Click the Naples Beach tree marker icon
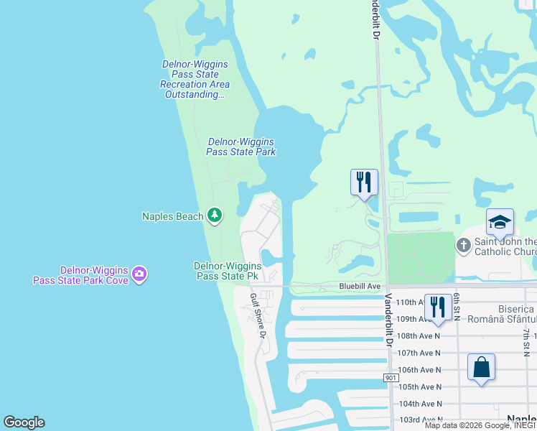[x=214, y=215]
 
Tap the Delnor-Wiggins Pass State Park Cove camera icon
[x=139, y=273]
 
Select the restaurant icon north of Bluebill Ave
[x=364, y=181]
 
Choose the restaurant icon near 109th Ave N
[x=437, y=307]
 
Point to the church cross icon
[x=464, y=246]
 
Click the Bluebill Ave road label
[x=360, y=286]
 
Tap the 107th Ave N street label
[x=420, y=353]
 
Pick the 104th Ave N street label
[x=420, y=404]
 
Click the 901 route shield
[x=391, y=378]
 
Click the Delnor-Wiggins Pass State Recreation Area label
[x=195, y=79]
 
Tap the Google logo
[x=24, y=422]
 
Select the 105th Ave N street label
[x=420, y=386]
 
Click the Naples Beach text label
[x=172, y=216]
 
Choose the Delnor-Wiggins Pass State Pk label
[x=228, y=271]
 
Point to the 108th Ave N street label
[x=420, y=335]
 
